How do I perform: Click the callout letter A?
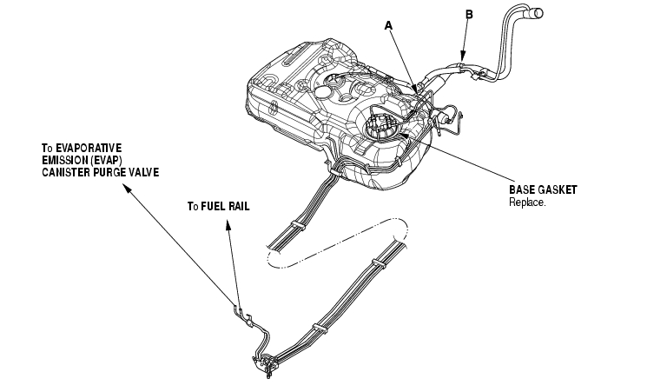390,26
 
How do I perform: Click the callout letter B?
469,15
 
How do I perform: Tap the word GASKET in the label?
558,189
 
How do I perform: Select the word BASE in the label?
523,189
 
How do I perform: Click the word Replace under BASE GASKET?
526,202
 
